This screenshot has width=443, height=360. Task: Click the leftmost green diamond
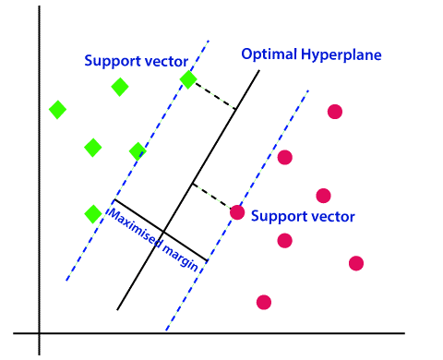57,110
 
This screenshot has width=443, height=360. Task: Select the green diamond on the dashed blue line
188,80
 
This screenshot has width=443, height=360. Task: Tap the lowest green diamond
92,213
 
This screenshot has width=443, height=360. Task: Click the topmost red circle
335,112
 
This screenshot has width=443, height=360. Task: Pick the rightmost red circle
356,263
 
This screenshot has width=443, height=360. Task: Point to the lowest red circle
264,302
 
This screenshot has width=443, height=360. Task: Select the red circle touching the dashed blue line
237,212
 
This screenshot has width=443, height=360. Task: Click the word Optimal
267,54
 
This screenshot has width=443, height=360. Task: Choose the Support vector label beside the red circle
303,218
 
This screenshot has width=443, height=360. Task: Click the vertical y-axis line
40,185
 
